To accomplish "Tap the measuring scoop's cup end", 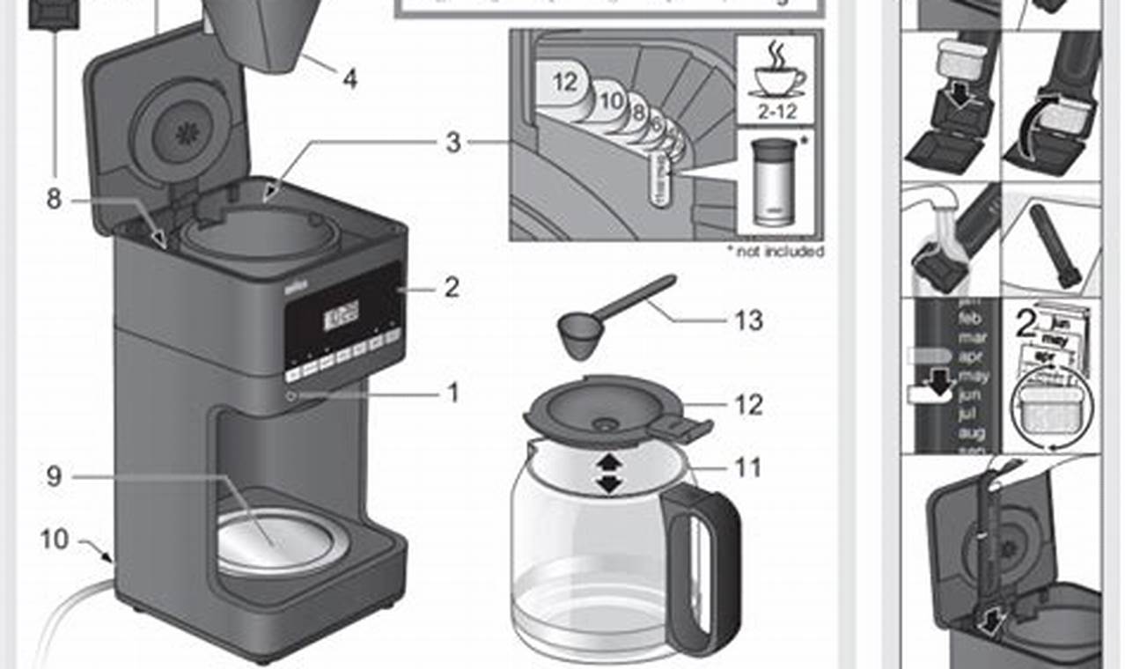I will [581, 335].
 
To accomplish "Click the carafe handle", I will [703, 563].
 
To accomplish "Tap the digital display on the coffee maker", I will [342, 314].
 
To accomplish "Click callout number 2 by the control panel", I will [451, 287].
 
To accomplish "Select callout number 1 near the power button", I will [452, 393].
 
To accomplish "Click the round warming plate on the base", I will [275, 540].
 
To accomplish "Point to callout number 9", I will [55, 476].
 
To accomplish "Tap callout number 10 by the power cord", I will [55, 538].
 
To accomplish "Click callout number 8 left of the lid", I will [55, 200].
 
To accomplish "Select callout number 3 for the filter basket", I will [452, 143].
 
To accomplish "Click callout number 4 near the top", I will [349, 79].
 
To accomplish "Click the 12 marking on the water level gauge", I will [565, 82].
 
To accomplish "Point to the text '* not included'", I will [775, 251].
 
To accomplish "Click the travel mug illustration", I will [774, 184].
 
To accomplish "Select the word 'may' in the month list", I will [974, 376].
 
